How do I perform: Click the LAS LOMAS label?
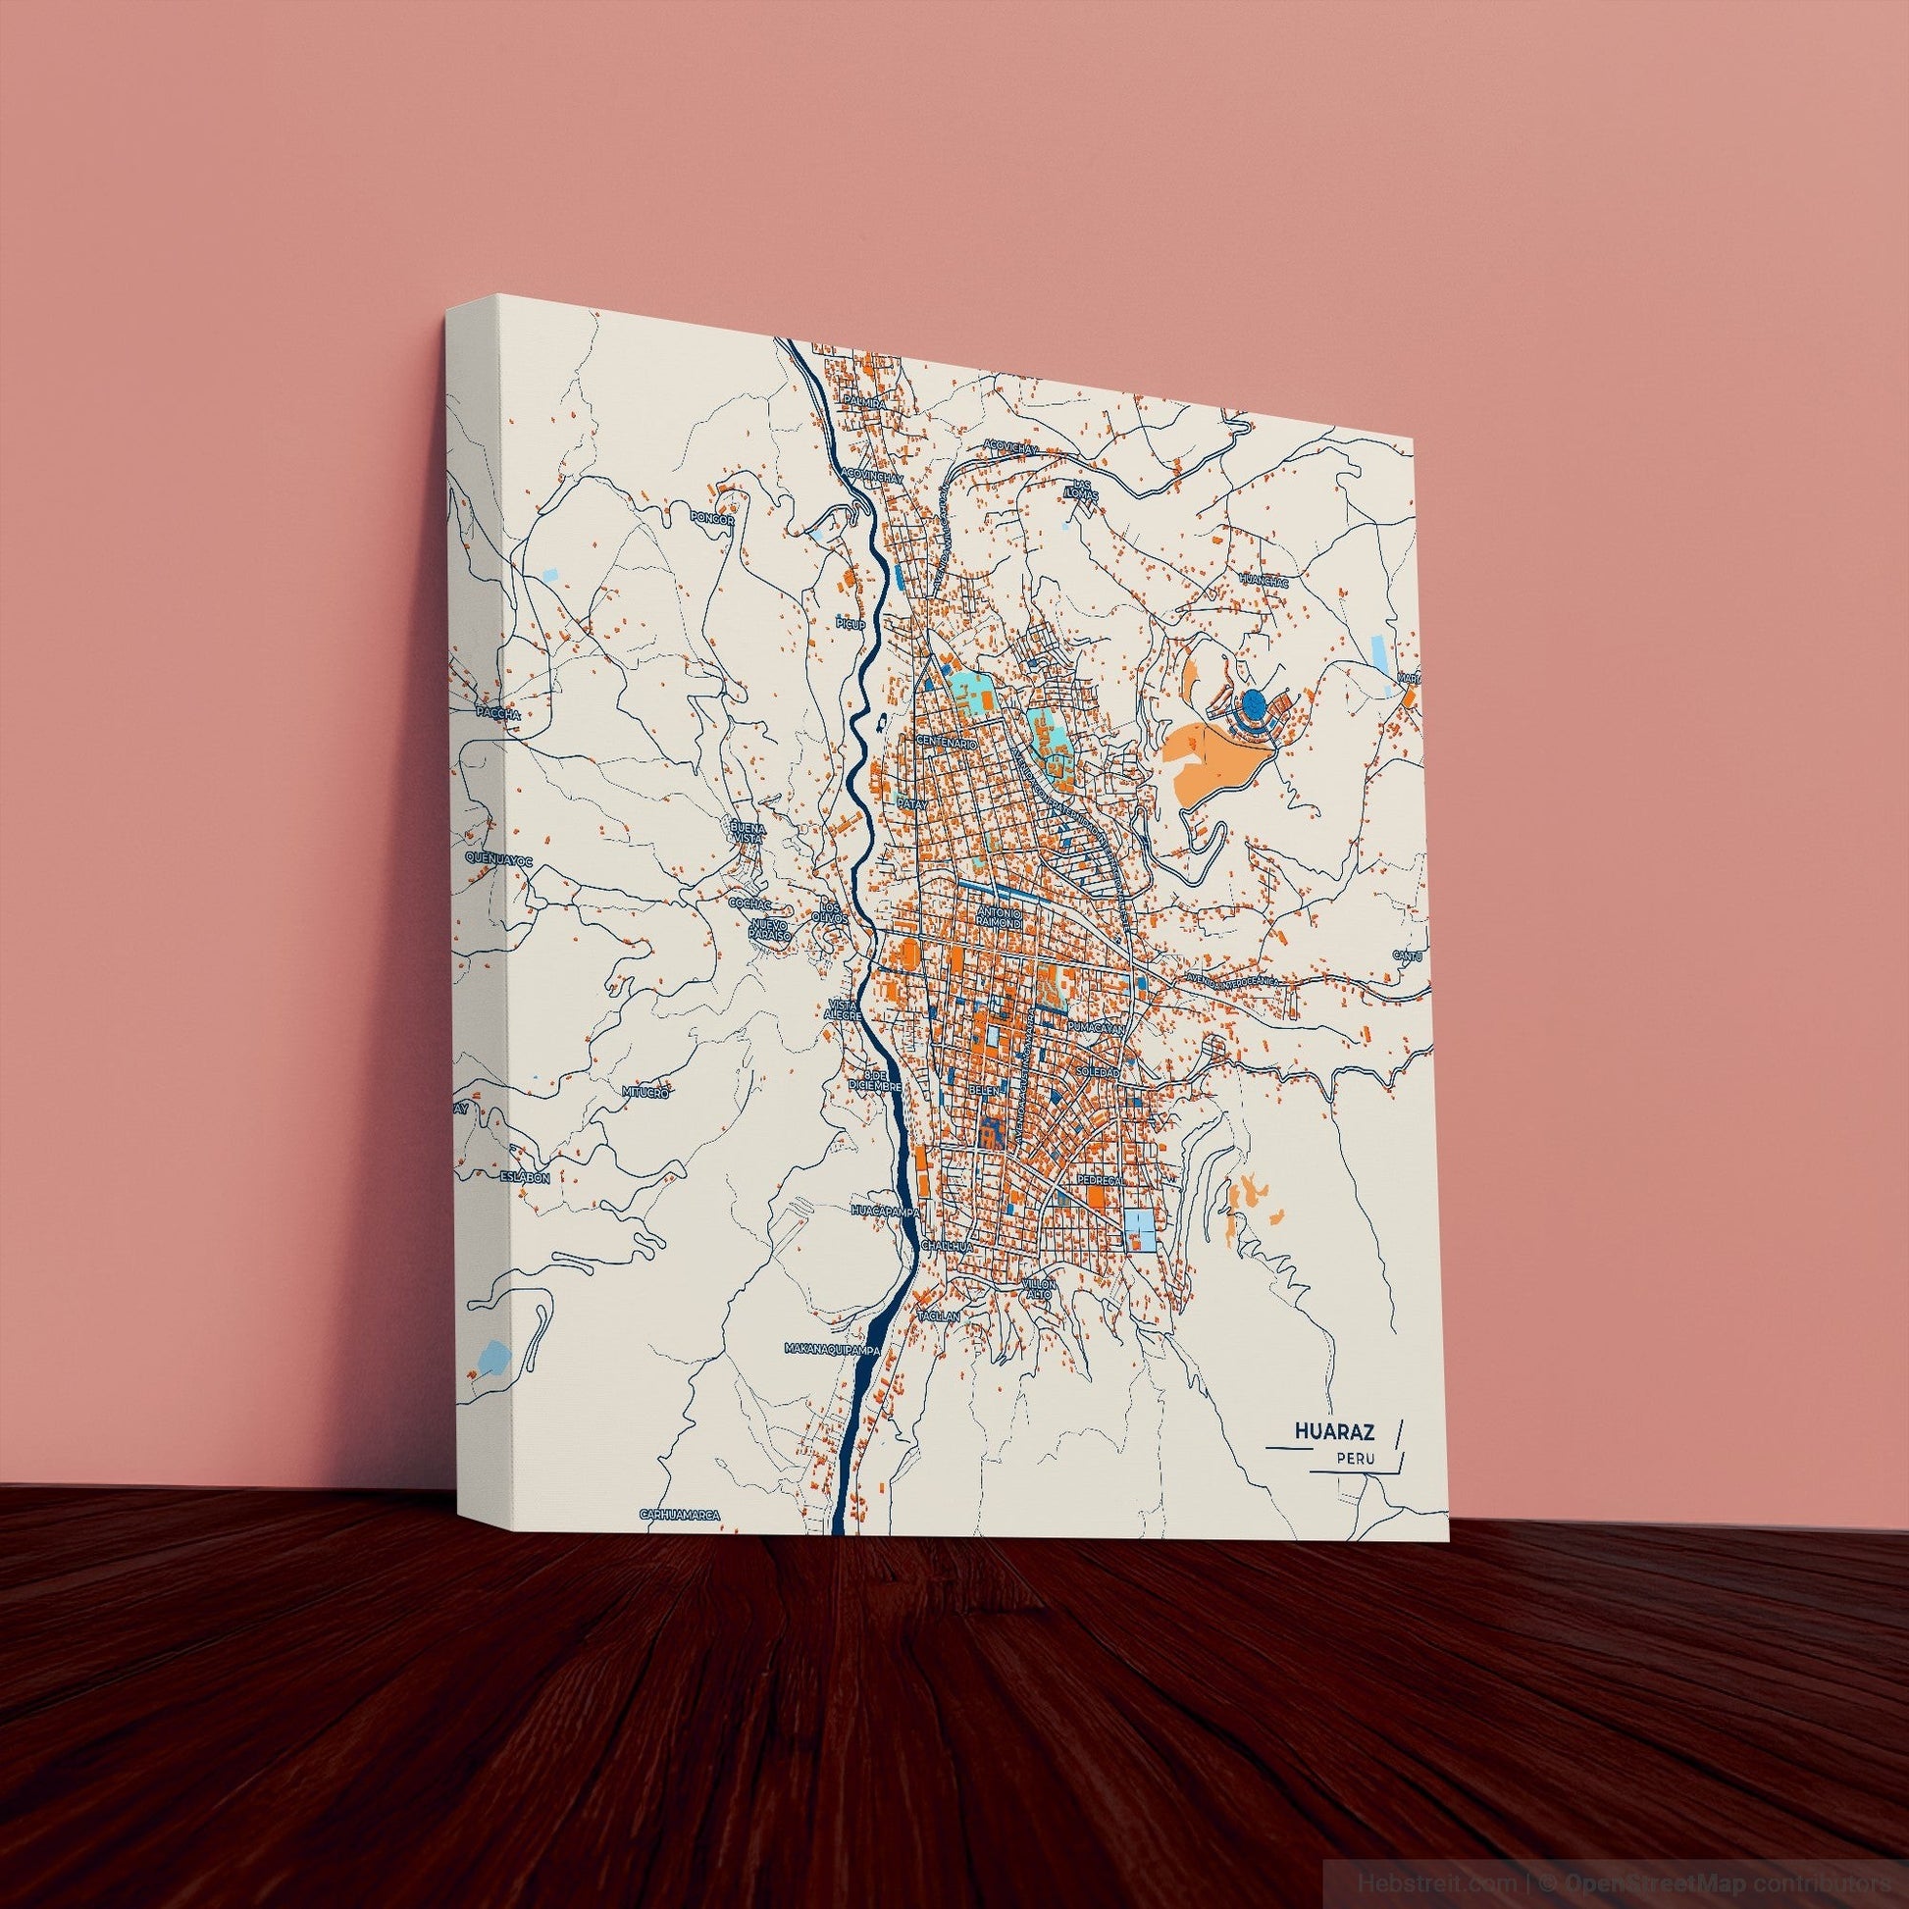(1086, 491)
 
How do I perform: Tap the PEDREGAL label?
(1098, 1180)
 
